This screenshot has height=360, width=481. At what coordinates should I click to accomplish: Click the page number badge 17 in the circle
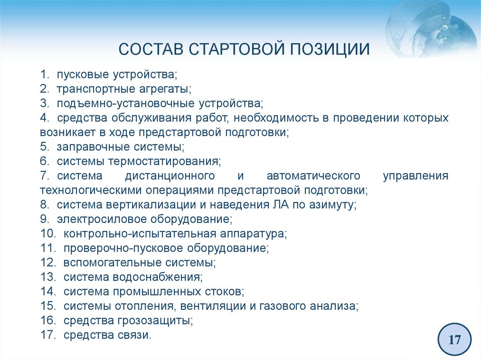click(x=454, y=339)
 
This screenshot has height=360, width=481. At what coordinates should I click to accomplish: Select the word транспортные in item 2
click(x=95, y=89)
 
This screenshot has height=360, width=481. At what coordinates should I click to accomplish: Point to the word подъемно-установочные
click(x=126, y=103)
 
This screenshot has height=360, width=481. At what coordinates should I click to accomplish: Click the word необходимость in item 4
click(x=276, y=118)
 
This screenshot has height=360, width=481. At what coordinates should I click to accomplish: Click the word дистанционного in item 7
click(x=170, y=176)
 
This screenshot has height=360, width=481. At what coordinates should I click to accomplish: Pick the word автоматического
click(x=313, y=176)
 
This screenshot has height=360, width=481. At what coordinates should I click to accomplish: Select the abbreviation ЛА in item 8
click(x=280, y=205)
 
